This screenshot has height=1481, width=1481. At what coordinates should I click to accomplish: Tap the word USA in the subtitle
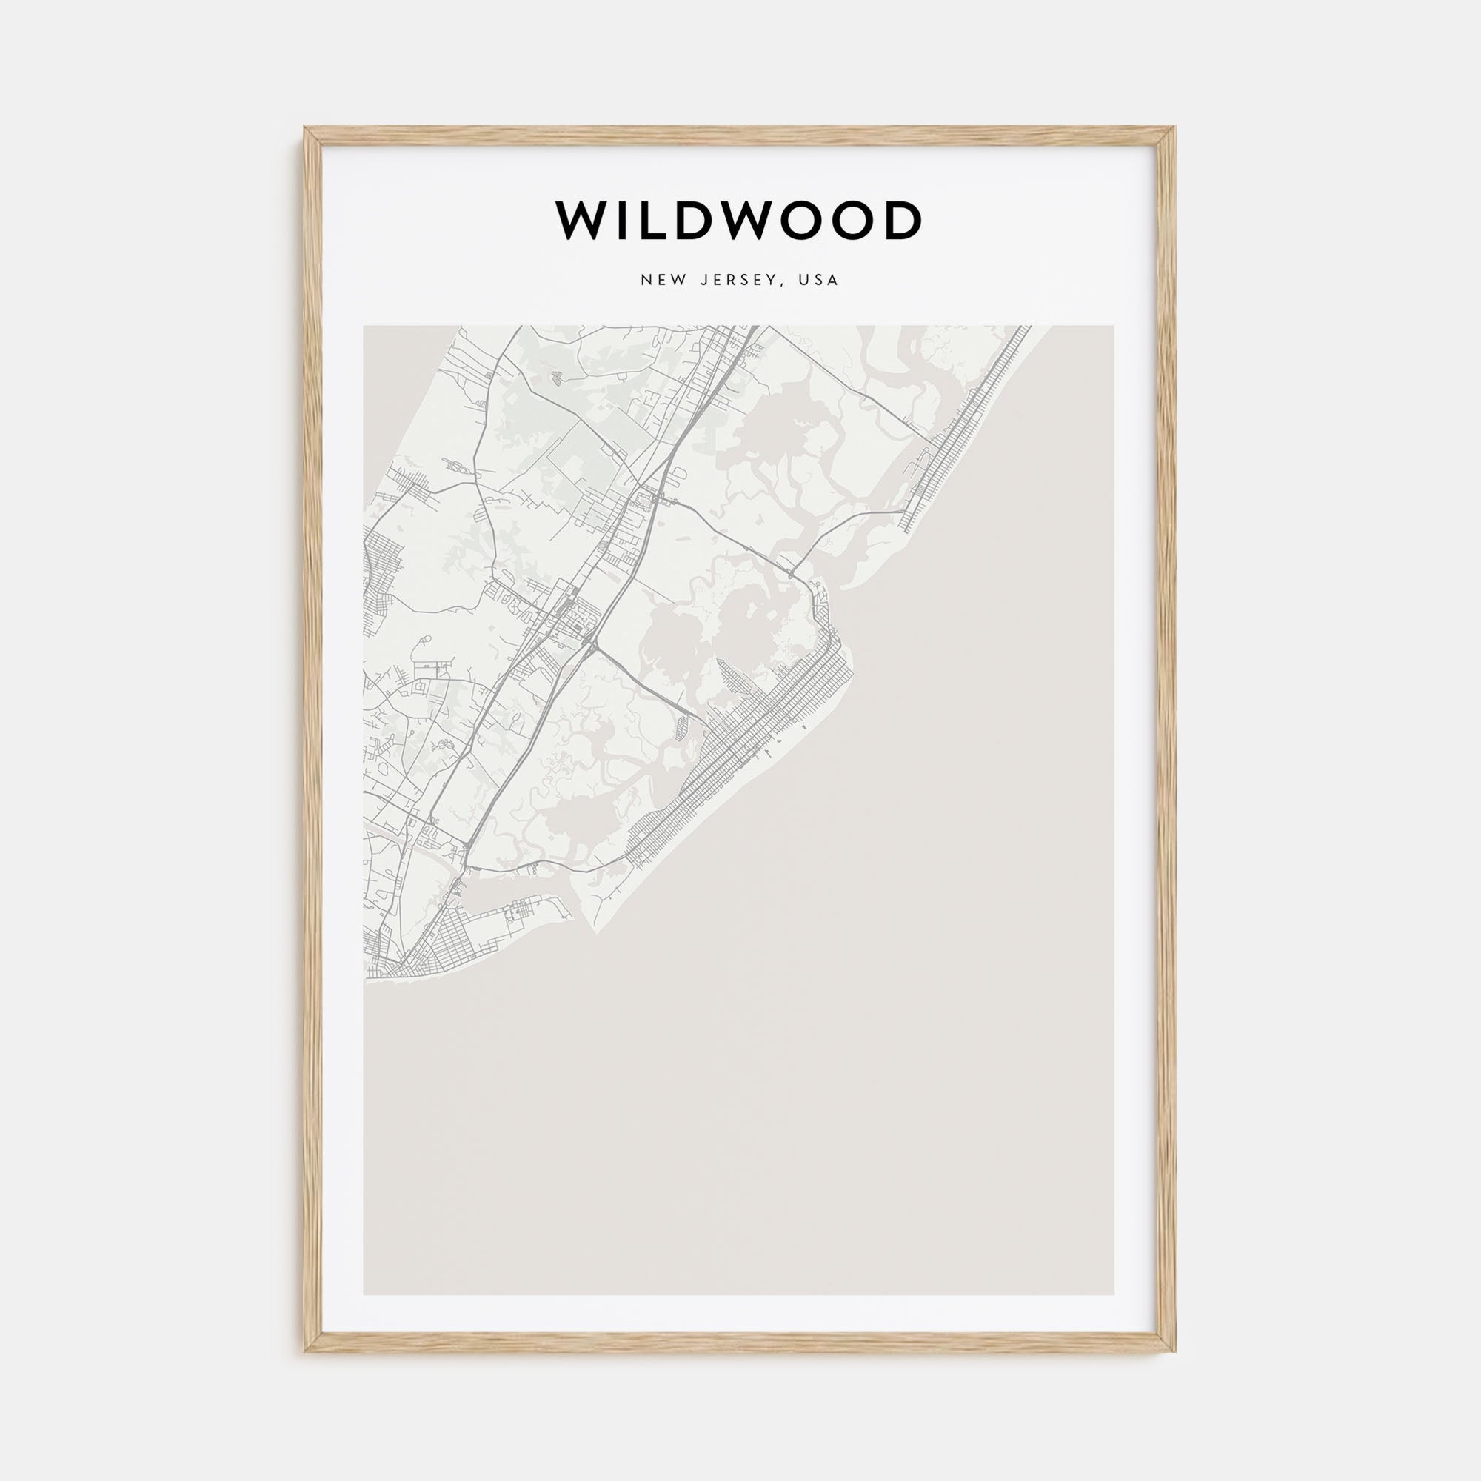(818, 281)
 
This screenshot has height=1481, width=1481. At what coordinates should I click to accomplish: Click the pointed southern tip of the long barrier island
(595, 932)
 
